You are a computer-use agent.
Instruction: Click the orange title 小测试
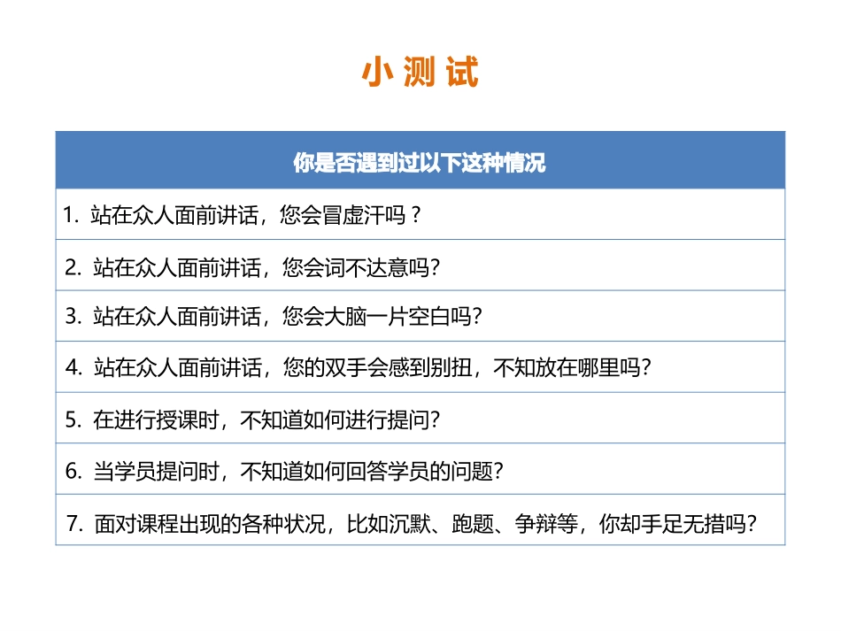coord(420,73)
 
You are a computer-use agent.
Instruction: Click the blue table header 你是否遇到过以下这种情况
coord(420,164)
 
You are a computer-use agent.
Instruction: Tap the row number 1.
coord(70,215)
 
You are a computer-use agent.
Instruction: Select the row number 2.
coord(72,266)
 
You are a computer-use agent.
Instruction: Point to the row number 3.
coord(72,317)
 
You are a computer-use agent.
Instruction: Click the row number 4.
coord(72,368)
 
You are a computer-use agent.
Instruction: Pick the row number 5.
coord(72,419)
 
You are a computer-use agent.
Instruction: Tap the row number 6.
coord(72,471)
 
